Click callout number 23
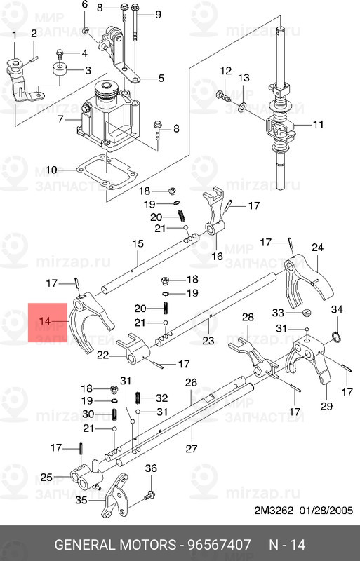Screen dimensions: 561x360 [x=208, y=341]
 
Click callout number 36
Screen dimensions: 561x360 [x=151, y=468]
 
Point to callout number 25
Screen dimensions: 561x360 [x=47, y=478]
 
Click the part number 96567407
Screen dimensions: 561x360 [x=220, y=544]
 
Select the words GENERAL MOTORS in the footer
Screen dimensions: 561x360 [x=115, y=544]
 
